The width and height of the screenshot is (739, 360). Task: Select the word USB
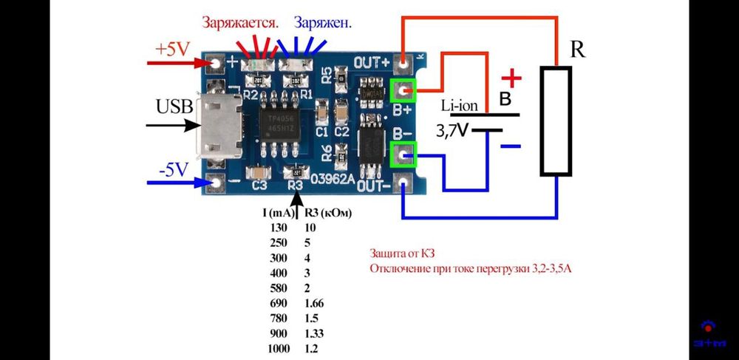click(175, 108)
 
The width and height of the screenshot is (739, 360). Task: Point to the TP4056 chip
click(277, 122)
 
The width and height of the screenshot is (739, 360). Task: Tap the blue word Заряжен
click(322, 23)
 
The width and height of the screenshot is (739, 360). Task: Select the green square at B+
click(403, 91)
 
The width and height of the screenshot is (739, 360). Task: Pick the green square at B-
click(403, 154)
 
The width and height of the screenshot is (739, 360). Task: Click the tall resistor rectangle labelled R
click(556, 121)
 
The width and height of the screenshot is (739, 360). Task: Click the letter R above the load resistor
click(578, 51)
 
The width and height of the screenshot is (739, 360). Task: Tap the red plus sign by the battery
click(511, 78)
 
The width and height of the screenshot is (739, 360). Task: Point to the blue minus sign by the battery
click(511, 146)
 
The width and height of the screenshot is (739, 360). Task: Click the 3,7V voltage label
click(452, 132)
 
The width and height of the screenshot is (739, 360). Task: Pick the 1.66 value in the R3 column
click(314, 303)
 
